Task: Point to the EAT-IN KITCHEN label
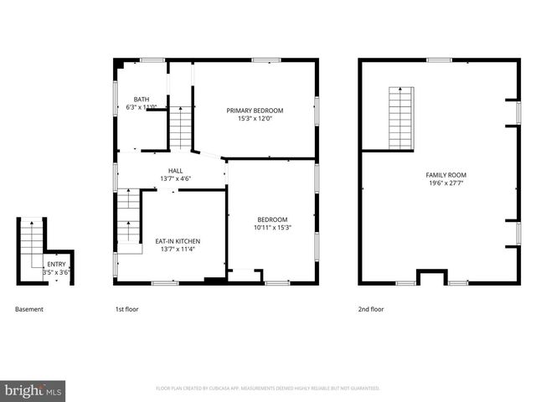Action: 178,241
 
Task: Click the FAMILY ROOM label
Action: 446,174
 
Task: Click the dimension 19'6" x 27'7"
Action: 446,183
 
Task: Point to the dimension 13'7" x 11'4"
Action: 178,250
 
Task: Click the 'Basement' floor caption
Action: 29,309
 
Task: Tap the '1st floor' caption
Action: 127,309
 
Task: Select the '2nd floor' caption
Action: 371,309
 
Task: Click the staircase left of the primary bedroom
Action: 181,127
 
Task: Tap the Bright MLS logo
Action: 33,390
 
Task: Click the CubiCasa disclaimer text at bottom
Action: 268,389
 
